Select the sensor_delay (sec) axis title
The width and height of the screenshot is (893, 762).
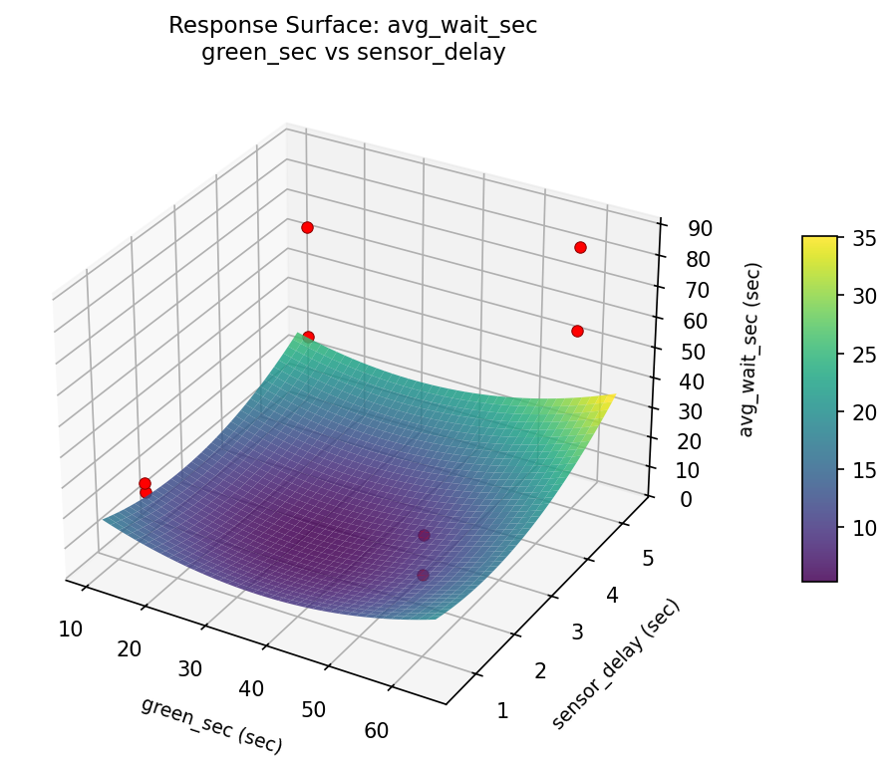tap(615, 663)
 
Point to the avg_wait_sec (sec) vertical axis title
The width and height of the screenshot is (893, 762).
tap(752, 350)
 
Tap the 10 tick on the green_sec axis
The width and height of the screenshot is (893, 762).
tap(70, 628)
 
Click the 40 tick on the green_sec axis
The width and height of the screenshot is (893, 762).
tap(251, 688)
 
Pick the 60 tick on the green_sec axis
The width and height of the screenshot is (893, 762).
tap(376, 730)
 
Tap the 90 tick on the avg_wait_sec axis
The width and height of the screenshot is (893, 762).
tap(699, 228)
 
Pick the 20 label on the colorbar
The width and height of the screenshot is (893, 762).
tap(863, 411)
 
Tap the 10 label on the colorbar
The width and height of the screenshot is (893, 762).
tap(863, 527)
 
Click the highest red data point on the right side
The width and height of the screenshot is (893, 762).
tap(580, 247)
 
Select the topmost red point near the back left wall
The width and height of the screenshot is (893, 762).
tap(307, 227)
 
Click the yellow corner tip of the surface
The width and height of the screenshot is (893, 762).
tap(613, 396)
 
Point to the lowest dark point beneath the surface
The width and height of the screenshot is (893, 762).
tap(423, 575)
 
